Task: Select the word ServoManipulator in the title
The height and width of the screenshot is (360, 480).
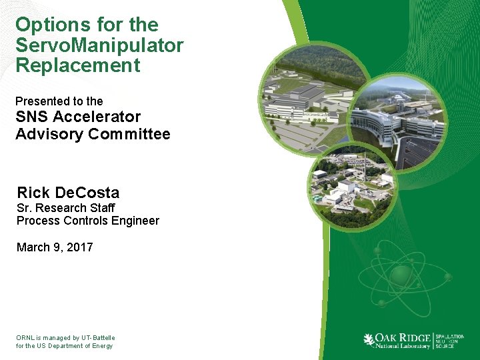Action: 99,45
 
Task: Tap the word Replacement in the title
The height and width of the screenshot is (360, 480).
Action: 78,65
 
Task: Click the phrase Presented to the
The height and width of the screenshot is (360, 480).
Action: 59,101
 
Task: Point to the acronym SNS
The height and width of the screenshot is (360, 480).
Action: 33,117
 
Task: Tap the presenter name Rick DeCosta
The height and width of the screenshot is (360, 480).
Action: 68,193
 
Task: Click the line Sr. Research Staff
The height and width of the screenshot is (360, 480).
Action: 66,208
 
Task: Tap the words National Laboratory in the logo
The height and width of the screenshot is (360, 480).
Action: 402,346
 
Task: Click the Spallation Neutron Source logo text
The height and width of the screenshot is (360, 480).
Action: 450,341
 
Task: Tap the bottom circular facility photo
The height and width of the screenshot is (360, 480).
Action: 351,186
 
